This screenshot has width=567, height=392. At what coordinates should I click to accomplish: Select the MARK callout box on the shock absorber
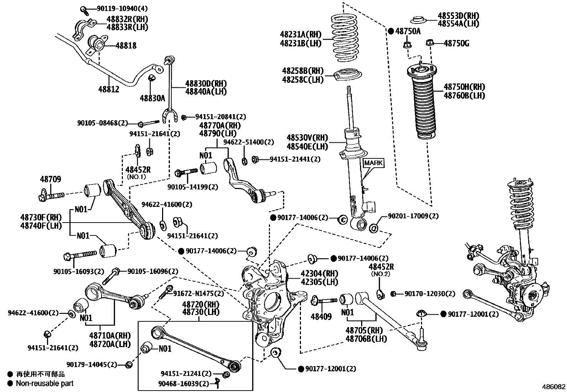pos(373,163)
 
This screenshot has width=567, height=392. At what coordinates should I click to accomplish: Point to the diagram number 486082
pos(553,387)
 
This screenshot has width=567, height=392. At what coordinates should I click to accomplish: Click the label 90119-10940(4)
pos(117,8)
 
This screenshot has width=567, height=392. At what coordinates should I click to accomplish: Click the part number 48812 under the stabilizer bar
pos(109,89)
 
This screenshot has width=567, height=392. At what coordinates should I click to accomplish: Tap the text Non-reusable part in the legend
pos(45,383)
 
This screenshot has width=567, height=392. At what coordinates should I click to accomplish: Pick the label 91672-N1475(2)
pos(199,294)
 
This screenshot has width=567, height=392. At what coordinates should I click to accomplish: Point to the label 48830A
pos(152,98)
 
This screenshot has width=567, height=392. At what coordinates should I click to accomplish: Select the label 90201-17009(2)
pos(413,216)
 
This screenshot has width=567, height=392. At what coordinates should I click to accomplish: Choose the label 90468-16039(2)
pos(184,383)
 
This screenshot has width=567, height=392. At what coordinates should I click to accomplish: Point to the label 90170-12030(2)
pos(430,294)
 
